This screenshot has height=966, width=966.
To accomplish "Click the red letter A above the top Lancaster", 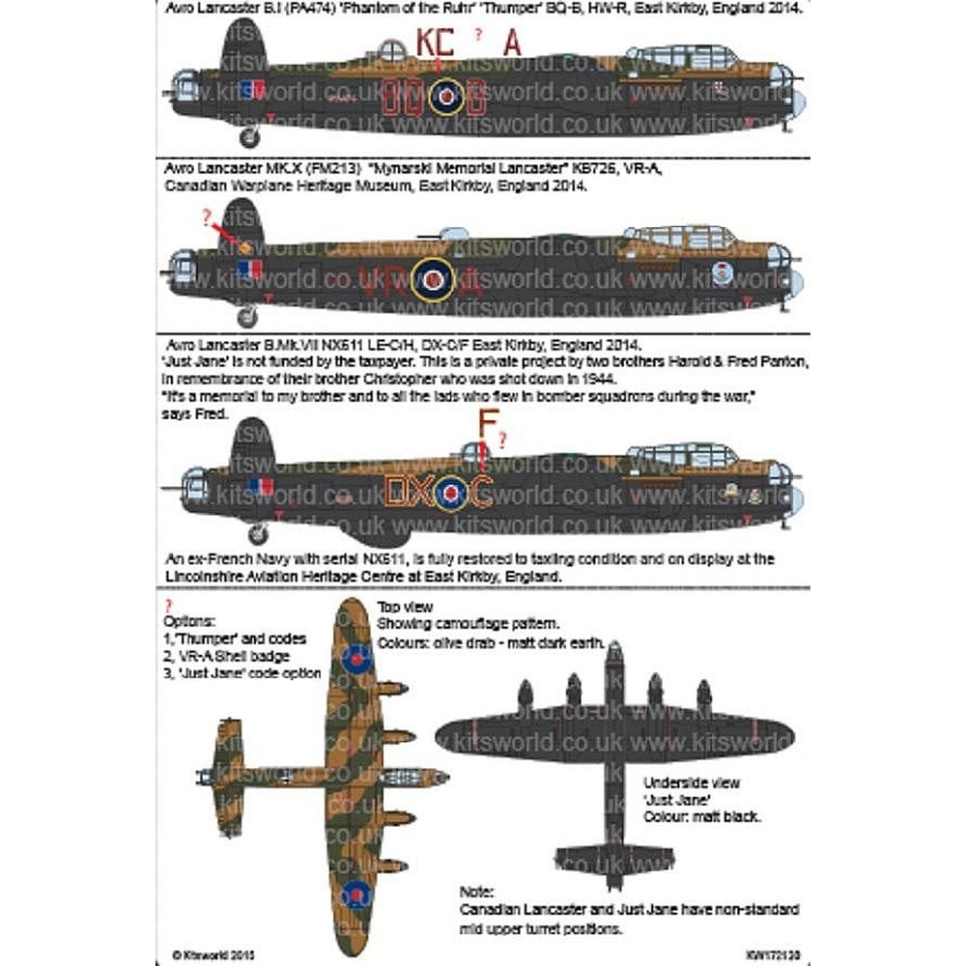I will pos(513,43).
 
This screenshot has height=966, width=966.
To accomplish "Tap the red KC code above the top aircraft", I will pos(433,44).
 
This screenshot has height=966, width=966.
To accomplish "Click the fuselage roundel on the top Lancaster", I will pos(445,95).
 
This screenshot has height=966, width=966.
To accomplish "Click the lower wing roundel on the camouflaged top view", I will pos(356,896).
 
